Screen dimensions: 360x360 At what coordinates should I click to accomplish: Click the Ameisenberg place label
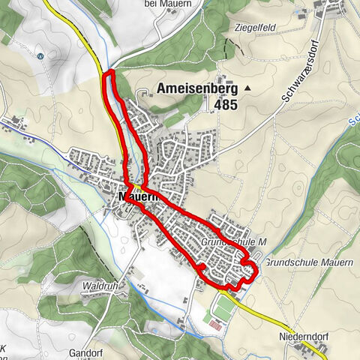tap(198, 88)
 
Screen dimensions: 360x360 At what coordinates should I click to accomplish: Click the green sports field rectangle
tap(223, 307)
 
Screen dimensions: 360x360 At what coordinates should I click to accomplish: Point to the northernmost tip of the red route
tap(109, 71)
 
